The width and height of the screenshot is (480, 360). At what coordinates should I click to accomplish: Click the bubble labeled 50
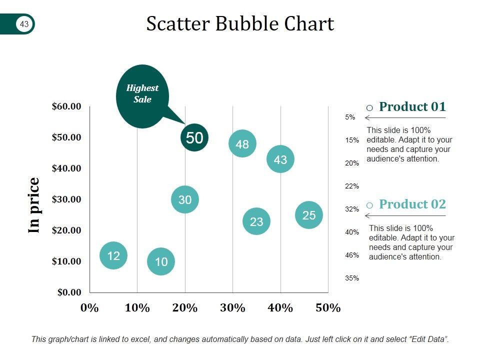click(194, 138)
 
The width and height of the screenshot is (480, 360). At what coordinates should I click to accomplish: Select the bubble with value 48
click(242, 144)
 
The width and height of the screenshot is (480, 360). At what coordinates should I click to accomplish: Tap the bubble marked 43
click(280, 159)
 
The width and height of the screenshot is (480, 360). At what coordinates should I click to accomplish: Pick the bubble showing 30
click(185, 199)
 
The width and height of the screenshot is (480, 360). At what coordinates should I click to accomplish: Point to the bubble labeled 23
click(256, 221)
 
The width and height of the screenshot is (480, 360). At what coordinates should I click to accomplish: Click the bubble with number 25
click(309, 215)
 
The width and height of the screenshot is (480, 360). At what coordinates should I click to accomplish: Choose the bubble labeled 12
click(113, 255)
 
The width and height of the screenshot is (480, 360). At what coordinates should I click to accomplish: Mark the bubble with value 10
click(161, 261)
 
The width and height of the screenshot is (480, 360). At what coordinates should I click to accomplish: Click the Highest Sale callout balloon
click(142, 94)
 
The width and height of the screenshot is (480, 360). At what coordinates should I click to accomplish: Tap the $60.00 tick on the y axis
click(66, 106)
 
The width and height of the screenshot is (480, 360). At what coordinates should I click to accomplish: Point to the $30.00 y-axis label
click(66, 199)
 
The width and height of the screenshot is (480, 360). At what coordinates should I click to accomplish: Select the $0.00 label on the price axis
click(68, 292)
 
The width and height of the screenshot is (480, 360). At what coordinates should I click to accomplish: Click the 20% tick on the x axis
click(185, 307)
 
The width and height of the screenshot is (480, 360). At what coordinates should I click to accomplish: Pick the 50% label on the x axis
click(328, 307)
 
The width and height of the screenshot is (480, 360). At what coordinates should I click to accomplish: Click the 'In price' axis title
click(34, 205)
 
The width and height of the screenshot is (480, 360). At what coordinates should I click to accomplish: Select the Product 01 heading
click(412, 106)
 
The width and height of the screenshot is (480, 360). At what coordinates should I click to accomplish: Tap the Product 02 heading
click(412, 204)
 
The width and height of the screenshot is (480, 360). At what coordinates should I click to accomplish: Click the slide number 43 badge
click(24, 23)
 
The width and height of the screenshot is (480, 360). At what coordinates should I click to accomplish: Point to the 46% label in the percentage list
click(352, 255)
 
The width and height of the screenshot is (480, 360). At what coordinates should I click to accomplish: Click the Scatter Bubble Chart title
click(240, 23)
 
